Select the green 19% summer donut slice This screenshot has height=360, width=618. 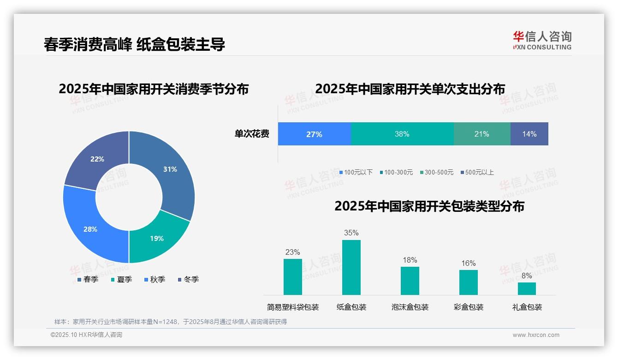[157, 238]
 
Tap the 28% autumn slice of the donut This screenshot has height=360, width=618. [90, 229]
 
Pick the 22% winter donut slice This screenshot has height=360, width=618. [97, 159]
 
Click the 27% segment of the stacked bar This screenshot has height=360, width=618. [314, 134]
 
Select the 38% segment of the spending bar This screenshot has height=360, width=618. [402, 134]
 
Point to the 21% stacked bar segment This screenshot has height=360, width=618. [482, 134]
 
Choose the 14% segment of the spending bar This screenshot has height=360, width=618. [529, 134]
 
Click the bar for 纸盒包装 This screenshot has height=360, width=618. [351, 267]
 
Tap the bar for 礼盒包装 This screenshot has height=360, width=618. [527, 288]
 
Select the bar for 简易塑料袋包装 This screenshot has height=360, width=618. [293, 276]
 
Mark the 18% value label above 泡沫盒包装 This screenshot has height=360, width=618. [410, 260]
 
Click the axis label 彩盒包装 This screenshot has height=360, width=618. [469, 307]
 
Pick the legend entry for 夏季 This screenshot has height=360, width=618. [122, 279]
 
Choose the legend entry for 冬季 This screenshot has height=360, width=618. [188, 279]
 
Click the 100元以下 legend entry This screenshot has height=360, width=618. [356, 172]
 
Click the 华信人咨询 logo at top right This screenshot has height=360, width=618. [542, 40]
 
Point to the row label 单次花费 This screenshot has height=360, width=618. [252, 134]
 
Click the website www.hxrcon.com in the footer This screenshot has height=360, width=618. [536, 335]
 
